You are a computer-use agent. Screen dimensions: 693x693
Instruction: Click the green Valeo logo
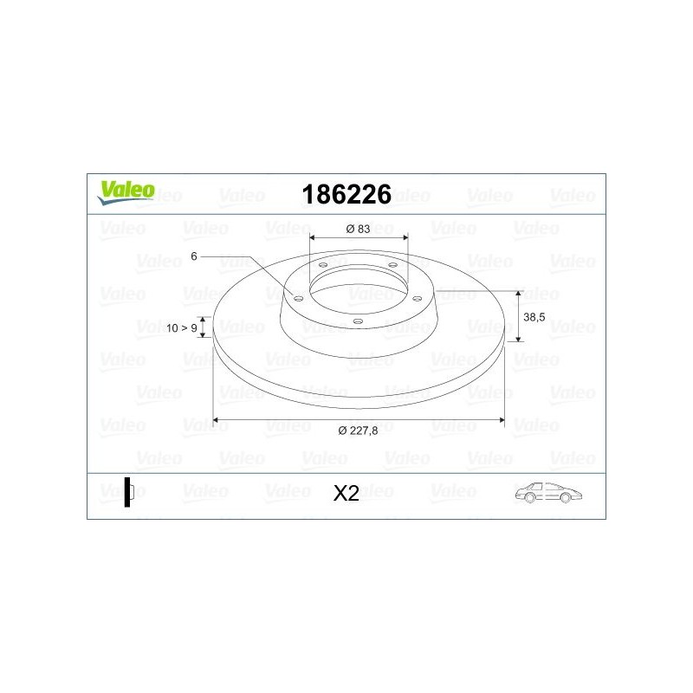click(126, 192)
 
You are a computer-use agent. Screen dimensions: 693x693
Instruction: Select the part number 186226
click(346, 193)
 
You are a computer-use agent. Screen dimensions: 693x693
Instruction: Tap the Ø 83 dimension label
click(359, 228)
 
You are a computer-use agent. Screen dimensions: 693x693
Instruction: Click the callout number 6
click(195, 256)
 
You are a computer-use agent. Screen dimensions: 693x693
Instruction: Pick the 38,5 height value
click(535, 318)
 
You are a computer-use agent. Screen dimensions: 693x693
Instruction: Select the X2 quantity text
click(346, 494)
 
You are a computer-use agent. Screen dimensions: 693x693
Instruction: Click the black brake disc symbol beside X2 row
click(128, 492)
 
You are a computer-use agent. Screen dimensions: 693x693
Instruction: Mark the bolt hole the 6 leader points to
click(299, 298)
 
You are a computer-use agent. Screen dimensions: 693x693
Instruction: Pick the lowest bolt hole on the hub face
click(357, 321)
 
